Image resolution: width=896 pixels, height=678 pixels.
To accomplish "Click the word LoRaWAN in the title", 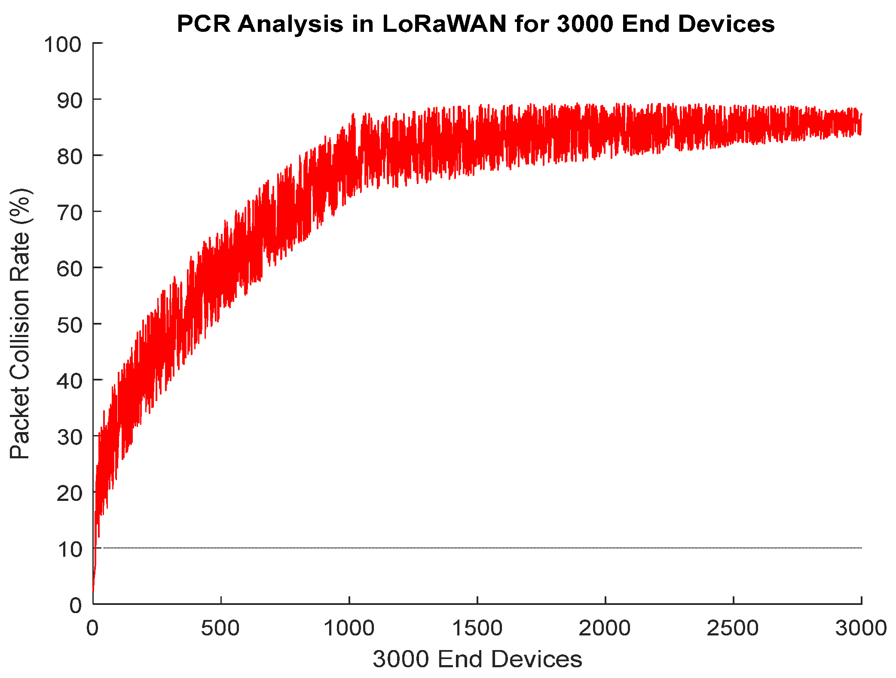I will [x=444, y=24].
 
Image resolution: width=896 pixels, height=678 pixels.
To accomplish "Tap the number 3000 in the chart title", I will [x=585, y=24].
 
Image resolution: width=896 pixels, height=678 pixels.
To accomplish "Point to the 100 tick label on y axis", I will [x=63, y=45].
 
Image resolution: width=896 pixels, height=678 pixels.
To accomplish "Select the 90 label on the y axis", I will [x=69, y=101].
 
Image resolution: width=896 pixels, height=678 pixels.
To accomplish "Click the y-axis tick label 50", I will [x=69, y=325].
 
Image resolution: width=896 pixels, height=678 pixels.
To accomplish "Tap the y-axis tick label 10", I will [x=69, y=549].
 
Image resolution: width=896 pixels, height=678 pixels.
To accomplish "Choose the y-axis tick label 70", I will [x=69, y=213].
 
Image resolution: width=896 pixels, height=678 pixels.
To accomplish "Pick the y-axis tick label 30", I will [x=69, y=437].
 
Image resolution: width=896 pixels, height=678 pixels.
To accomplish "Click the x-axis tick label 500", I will [x=220, y=628].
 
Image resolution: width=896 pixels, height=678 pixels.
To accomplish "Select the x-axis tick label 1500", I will [x=477, y=628].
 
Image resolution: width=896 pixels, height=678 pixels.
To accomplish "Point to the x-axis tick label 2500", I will [x=733, y=628].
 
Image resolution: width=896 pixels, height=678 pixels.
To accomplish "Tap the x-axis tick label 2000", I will [x=605, y=628].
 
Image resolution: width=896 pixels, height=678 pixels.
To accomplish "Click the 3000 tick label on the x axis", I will [x=861, y=628].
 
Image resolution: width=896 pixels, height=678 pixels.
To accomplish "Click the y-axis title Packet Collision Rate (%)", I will [x=20, y=323].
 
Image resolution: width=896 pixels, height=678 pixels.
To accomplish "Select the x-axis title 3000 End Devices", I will [x=477, y=659].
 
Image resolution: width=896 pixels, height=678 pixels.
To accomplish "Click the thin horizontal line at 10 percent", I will [x=473, y=548].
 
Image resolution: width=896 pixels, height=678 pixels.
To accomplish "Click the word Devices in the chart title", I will [x=726, y=24].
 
